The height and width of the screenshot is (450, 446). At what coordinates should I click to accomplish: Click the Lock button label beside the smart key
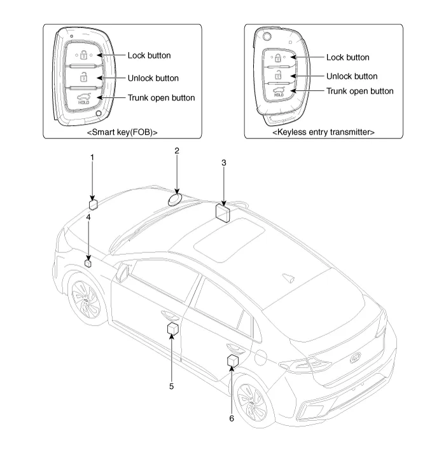(149, 55)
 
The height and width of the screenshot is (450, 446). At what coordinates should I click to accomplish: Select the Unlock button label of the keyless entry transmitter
(351, 76)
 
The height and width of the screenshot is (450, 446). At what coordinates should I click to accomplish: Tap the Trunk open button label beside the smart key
(161, 98)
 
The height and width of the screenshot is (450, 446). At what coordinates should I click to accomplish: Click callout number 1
(92, 156)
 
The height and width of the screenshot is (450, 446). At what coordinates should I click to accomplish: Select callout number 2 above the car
(177, 151)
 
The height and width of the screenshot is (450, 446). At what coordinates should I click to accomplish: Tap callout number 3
(223, 163)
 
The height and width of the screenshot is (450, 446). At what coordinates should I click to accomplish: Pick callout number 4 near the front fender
(89, 217)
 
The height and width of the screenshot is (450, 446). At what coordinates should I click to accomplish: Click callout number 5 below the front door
(171, 385)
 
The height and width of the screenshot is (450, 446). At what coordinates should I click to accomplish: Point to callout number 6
(232, 418)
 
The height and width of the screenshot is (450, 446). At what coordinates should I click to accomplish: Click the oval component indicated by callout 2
(175, 200)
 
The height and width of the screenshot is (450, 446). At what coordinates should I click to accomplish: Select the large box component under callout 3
(223, 212)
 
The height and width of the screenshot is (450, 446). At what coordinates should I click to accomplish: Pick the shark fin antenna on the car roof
(287, 277)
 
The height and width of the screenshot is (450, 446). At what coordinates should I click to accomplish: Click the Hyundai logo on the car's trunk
(356, 358)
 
